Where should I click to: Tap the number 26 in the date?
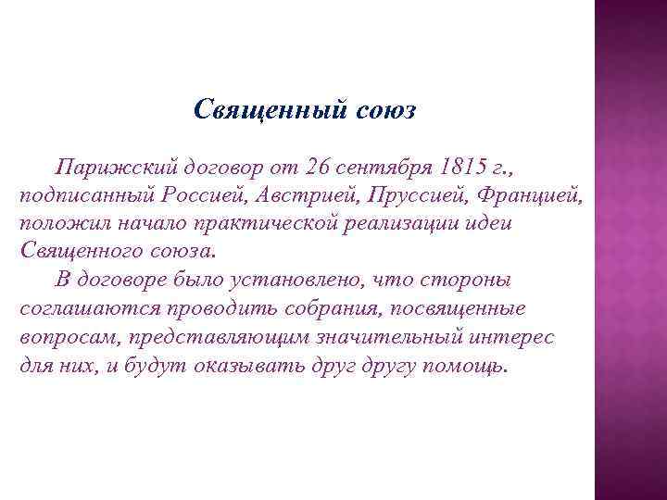point(317,169)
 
